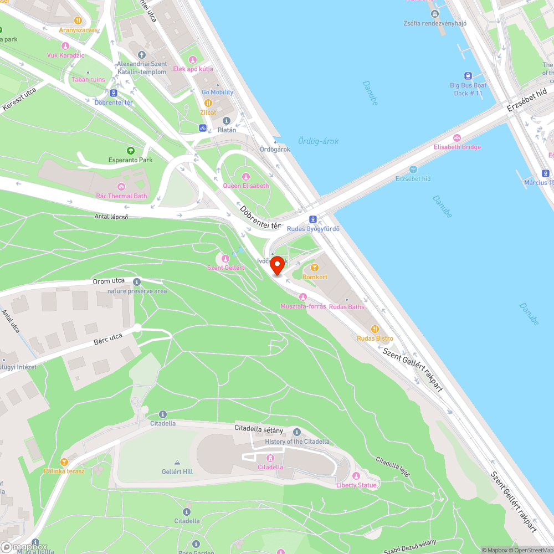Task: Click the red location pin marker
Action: click(x=278, y=265)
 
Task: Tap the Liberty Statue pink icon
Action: click(x=356, y=476)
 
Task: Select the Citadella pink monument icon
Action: click(x=270, y=458)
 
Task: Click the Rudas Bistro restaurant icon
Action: click(x=375, y=329)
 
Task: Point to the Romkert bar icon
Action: click(x=315, y=268)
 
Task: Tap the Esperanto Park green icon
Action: click(x=131, y=150)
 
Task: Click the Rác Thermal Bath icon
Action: click(x=121, y=186)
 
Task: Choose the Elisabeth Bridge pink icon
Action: click(x=457, y=137)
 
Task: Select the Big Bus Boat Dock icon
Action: click(x=468, y=76)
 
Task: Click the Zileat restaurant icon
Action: click(x=208, y=103)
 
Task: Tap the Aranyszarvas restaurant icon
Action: click(x=78, y=20)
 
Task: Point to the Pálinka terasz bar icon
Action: click(x=64, y=461)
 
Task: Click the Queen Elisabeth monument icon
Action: click(x=245, y=176)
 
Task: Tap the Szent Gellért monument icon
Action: click(x=225, y=258)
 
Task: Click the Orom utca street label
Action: click(x=109, y=281)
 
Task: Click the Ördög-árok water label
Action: click(x=318, y=141)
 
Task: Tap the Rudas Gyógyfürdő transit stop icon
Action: click(x=312, y=219)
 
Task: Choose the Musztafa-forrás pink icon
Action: click(x=303, y=297)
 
